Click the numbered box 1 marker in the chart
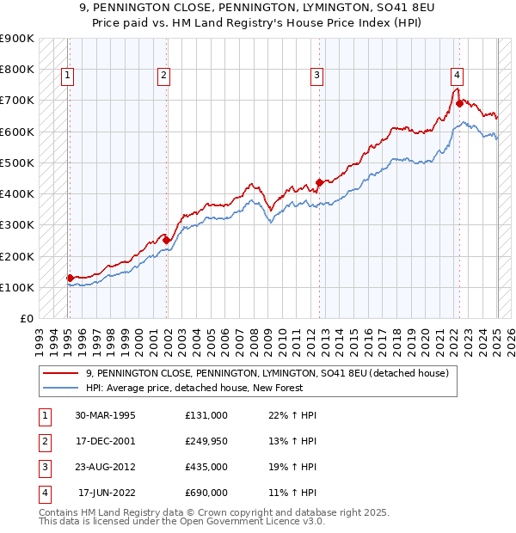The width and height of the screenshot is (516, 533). click(x=67, y=76)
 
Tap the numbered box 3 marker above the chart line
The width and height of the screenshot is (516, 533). click(x=316, y=76)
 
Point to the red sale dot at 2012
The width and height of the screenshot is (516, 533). click(x=319, y=182)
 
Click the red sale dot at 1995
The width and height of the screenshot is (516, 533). click(x=70, y=278)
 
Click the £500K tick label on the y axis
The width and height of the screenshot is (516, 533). click(x=16, y=162)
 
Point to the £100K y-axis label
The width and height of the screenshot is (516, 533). click(x=16, y=287)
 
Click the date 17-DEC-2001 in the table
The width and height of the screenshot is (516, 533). click(x=104, y=442)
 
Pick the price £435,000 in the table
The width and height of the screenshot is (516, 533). click(x=206, y=468)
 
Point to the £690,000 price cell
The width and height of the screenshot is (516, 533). click(x=206, y=493)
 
